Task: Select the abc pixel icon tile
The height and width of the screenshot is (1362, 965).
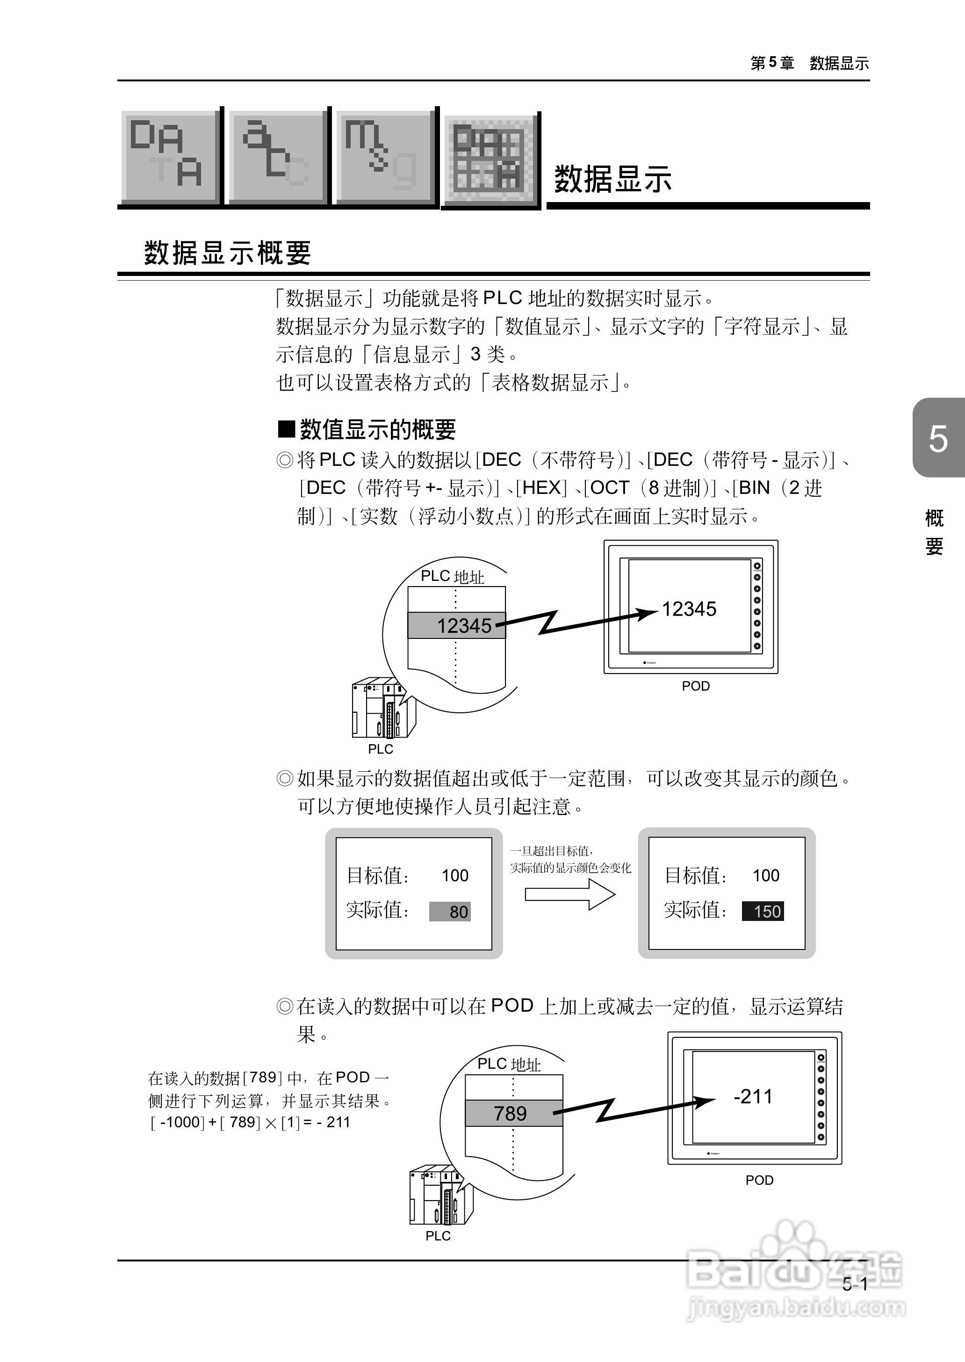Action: (276, 157)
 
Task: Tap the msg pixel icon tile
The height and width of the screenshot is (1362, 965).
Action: (384, 157)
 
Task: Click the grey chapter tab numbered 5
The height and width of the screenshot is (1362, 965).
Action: (938, 438)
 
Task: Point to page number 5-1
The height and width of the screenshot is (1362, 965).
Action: (855, 1284)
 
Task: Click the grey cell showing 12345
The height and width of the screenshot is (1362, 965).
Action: (456, 625)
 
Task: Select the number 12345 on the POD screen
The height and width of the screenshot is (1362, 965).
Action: (689, 609)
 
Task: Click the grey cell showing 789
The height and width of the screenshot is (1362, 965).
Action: (513, 1113)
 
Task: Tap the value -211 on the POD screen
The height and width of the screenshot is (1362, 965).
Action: (753, 1096)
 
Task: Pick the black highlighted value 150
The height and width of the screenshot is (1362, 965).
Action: (763, 911)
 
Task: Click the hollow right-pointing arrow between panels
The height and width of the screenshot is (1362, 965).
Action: (570, 893)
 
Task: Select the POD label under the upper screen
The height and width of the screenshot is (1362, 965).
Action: (695, 686)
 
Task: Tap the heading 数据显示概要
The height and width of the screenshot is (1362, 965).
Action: (228, 253)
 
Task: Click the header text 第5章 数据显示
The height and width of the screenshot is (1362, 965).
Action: (809, 63)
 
